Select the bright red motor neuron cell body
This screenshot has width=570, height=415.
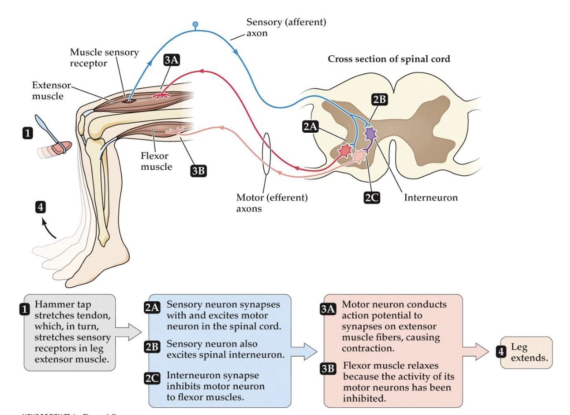[346, 150]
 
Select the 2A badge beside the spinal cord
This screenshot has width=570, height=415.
[310, 127]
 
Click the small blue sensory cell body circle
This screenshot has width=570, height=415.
[196, 24]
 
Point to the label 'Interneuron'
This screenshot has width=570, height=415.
[431, 198]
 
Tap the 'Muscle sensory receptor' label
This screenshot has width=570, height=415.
[104, 58]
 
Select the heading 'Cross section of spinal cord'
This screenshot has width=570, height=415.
[388, 59]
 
